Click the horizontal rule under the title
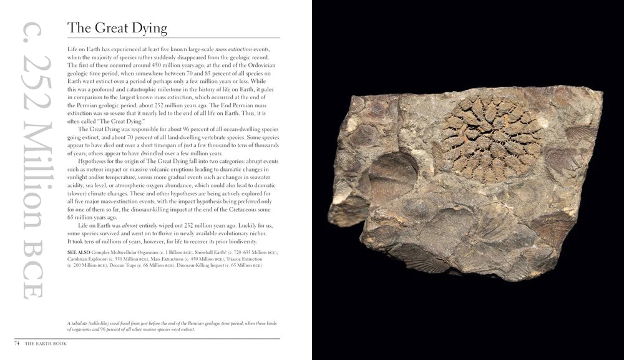[172, 39]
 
